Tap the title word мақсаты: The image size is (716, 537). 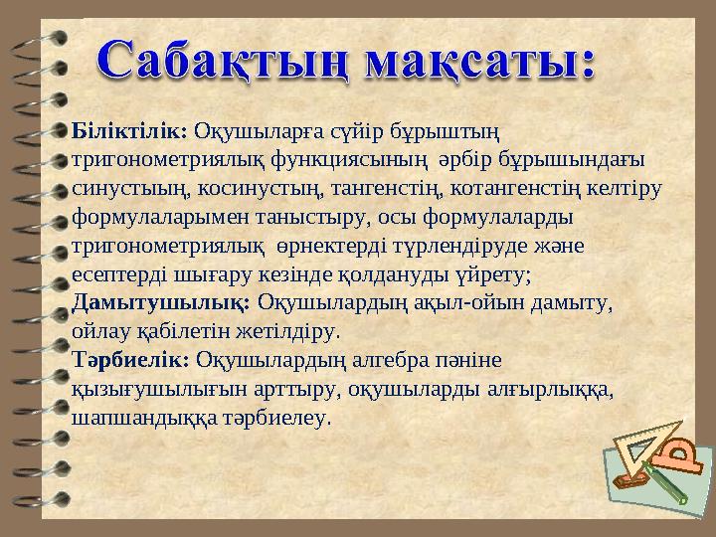[x=481, y=62]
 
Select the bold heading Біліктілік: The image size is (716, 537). [x=130, y=131]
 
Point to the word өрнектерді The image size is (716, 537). [x=332, y=244]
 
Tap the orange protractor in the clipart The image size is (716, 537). [x=683, y=459]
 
